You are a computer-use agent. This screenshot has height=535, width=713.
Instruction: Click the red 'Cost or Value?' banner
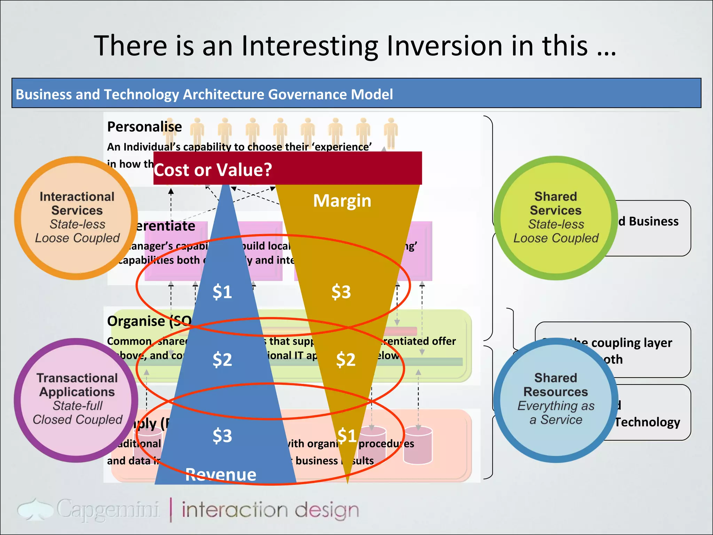coord(287,169)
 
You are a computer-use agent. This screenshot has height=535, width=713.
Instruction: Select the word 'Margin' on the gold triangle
coord(342,201)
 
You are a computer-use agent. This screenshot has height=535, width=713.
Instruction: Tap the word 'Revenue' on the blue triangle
coord(221,474)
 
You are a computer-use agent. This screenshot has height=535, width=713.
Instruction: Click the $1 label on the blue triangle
coord(222,292)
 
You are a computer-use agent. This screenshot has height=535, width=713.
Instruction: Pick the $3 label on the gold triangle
coord(341,292)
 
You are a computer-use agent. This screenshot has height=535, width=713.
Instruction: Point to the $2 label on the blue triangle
coord(222,359)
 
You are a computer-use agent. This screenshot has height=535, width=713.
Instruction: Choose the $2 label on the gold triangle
coord(345,359)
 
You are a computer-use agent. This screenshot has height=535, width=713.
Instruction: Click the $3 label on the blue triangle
coord(222,436)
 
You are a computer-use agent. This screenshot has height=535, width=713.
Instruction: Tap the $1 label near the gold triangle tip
coord(347,436)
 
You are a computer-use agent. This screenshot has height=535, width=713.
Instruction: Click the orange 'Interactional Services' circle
coord(76,218)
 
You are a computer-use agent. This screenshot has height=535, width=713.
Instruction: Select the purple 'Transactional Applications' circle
coord(76,400)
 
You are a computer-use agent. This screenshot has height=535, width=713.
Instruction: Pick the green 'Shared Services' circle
coord(555,218)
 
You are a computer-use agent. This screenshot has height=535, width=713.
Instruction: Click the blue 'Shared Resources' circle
coord(555,400)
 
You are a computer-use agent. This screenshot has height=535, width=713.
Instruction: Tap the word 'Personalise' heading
coord(144,127)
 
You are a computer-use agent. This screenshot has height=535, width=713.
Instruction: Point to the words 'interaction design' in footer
coord(270,510)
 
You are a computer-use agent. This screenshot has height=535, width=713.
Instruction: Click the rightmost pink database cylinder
coord(418,446)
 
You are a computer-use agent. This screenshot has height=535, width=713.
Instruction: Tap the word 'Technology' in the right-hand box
coord(647,422)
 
